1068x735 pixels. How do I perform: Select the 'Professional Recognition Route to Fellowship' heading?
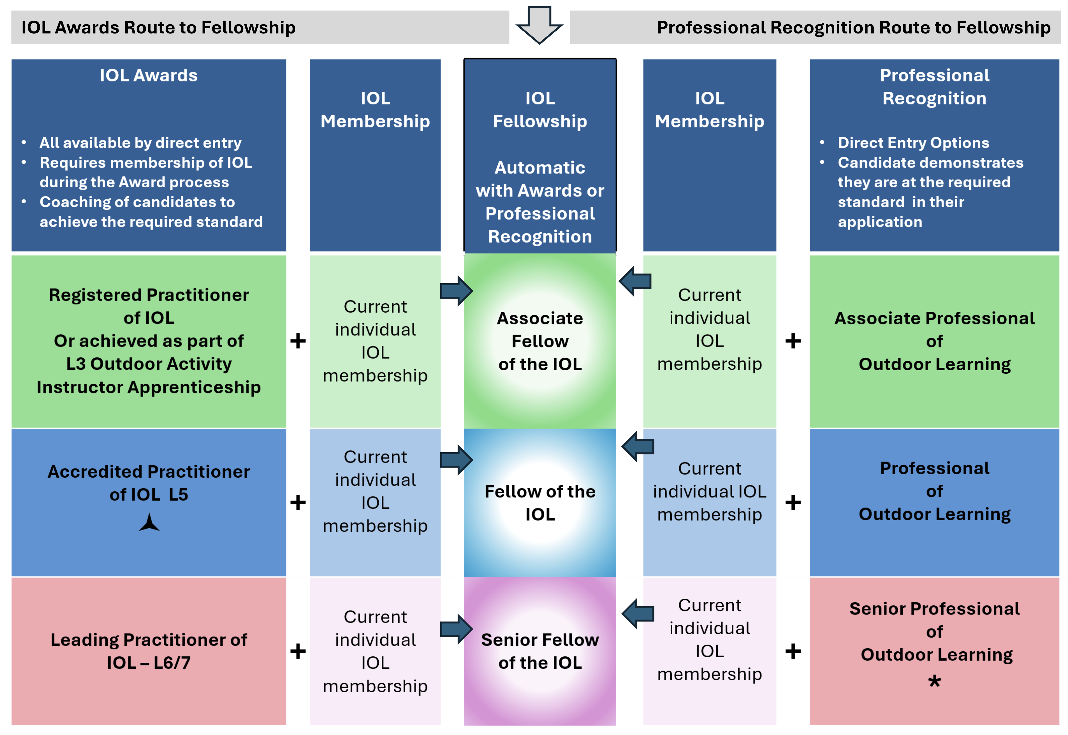[853, 28]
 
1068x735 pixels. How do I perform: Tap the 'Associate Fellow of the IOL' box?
[540, 341]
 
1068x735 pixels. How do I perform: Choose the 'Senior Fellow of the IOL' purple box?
[540, 651]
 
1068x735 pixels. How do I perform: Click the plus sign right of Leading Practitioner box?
[298, 651]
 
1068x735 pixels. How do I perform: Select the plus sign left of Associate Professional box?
[792, 341]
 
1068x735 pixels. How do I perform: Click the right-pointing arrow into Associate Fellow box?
[456, 291]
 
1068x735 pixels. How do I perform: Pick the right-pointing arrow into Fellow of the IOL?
[456, 459]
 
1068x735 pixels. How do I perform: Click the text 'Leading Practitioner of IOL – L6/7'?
[149, 651]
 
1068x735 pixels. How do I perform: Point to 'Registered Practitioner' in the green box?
[149, 295]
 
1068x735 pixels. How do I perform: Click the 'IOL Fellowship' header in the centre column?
[540, 110]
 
